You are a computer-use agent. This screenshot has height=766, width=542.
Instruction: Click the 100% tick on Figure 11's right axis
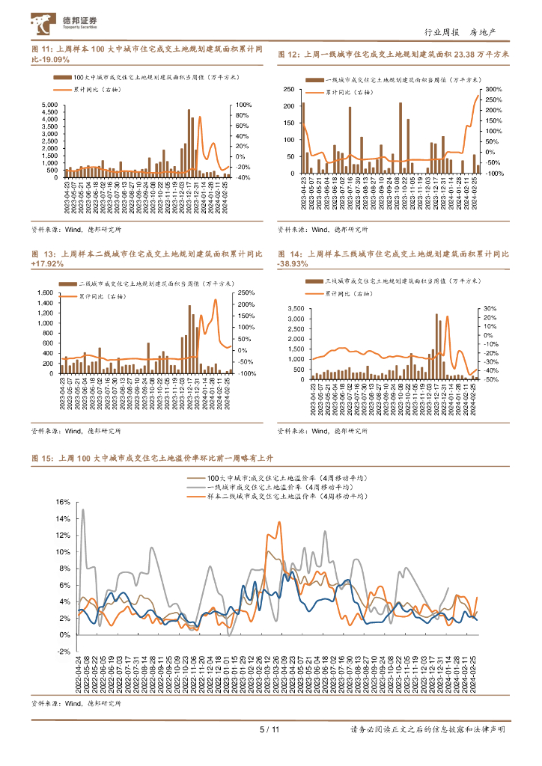pos(244,105)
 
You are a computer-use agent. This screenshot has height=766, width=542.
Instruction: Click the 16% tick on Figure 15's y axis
pos(62,502)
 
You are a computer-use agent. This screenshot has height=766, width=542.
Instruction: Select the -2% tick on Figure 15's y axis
pos(62,651)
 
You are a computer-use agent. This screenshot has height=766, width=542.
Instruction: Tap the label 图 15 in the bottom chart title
pos(42,458)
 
